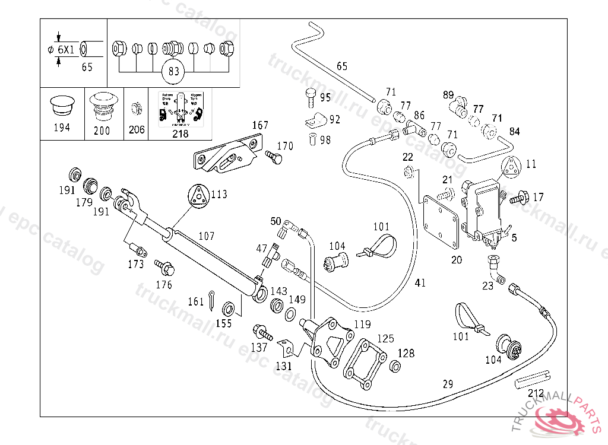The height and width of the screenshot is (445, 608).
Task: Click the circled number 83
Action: point(173,71)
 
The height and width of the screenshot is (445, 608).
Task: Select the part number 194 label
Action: point(61,128)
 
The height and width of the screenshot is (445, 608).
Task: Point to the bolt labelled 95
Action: point(310,95)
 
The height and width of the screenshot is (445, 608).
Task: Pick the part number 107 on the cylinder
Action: point(206,236)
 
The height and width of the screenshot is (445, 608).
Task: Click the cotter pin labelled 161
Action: point(213,300)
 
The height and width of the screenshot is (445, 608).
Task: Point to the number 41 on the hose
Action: point(420,284)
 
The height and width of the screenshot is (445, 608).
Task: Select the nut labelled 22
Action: point(408,173)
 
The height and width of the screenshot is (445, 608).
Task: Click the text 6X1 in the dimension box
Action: point(66,50)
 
